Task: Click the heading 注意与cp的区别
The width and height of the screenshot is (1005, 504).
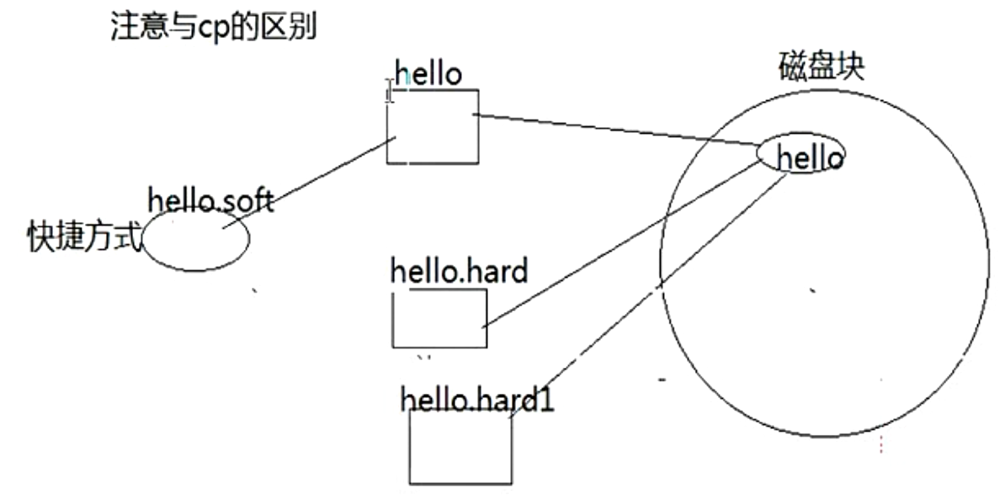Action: coord(214,28)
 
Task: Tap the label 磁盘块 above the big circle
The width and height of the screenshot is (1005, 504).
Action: coord(822,66)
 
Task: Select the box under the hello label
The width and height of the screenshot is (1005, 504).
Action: coord(433,127)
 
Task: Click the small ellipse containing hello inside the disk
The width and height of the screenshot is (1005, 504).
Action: coord(801,154)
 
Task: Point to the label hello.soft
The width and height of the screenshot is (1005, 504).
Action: coord(210,199)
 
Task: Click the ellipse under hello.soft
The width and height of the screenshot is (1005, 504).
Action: coord(195,239)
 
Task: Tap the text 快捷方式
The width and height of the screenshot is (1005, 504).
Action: coord(84,236)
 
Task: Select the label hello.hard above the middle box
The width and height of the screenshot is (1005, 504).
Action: coord(459,271)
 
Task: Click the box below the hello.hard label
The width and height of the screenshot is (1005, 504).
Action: coord(439,318)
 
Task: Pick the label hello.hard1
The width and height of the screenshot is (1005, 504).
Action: coord(477,399)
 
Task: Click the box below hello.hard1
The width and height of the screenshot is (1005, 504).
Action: coord(461,447)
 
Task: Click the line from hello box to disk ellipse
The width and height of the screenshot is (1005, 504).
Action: coord(616,130)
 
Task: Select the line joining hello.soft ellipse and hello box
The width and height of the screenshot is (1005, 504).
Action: coord(309,183)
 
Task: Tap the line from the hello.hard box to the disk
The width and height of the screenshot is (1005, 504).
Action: coord(622,243)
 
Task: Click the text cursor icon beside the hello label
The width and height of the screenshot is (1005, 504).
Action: coord(390,90)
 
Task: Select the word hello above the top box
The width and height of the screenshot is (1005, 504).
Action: coord(428,74)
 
